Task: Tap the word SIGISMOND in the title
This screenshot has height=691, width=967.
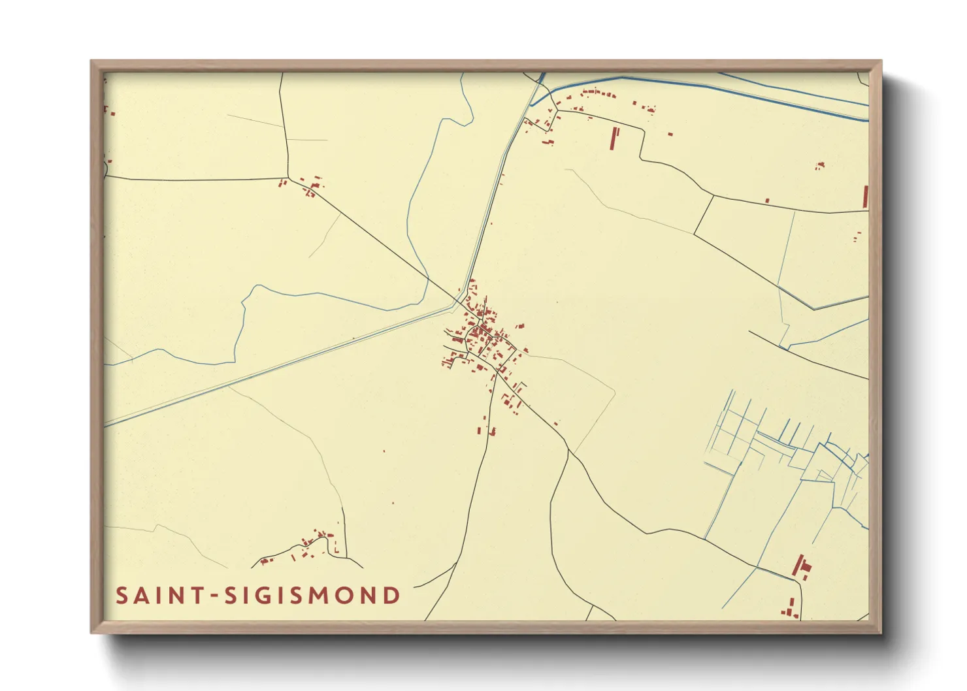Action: pos(313,596)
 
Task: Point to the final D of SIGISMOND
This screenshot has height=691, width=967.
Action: pos(391,596)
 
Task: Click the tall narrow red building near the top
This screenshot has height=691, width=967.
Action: pos(614,138)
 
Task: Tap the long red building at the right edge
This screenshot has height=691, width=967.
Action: pos(866,197)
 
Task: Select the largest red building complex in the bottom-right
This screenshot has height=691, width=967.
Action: pos(800,566)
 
